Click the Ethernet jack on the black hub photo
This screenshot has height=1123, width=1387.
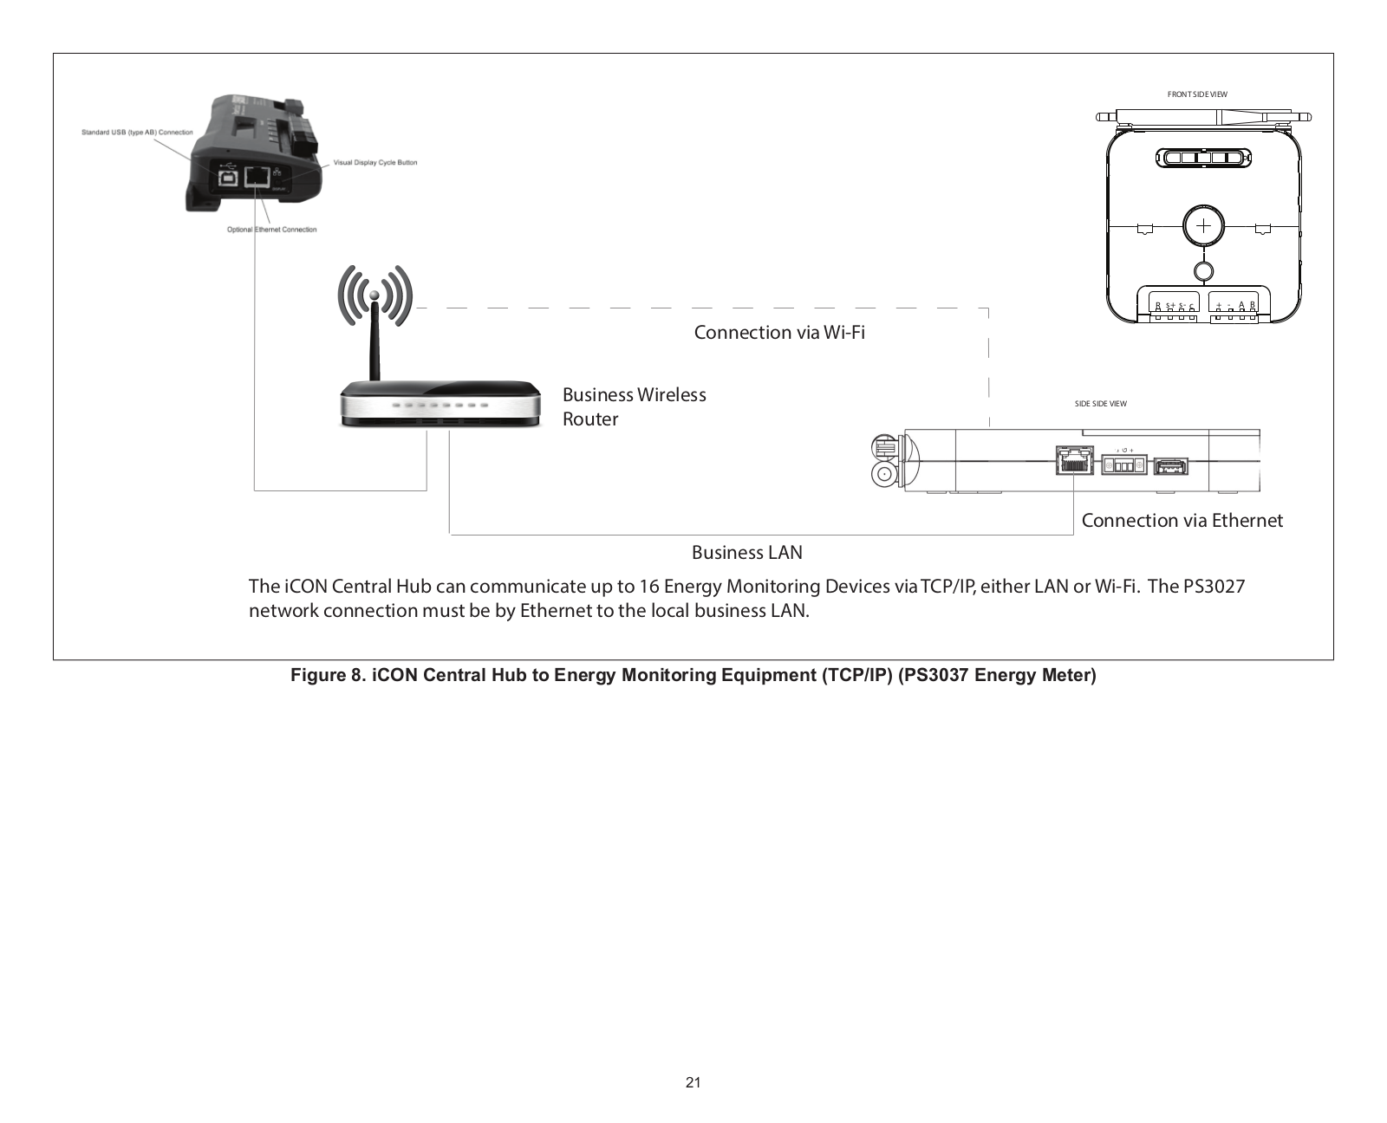coord(257,177)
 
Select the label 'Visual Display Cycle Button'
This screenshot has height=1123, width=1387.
coord(375,163)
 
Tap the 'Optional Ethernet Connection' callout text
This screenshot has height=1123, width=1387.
coord(271,230)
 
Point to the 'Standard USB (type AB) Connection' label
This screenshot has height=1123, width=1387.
coord(137,133)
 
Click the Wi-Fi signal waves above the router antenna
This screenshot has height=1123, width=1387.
coord(374,295)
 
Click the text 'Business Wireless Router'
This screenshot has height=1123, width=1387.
coord(634,406)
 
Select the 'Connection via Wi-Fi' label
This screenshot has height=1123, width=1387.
coord(779,333)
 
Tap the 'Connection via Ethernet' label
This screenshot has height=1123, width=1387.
coord(1182,520)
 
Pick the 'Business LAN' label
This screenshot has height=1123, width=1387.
coord(746,552)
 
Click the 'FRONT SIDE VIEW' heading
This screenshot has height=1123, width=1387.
coord(1197,94)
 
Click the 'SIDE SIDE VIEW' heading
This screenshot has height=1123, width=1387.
coord(1100,404)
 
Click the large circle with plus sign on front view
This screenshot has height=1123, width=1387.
coord(1203,226)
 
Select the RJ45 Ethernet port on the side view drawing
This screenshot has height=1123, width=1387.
coord(1075,460)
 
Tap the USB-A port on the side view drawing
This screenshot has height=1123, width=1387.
coord(1169,467)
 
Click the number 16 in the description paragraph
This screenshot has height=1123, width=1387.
coord(648,587)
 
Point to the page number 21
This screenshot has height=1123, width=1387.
coord(693,1082)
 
